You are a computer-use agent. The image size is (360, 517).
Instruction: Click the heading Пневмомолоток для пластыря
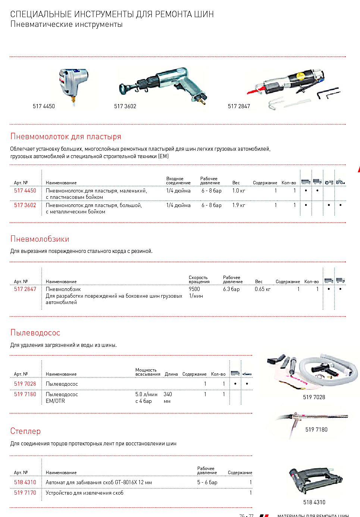tap(66, 137)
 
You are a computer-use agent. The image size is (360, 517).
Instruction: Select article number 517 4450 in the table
tap(25, 191)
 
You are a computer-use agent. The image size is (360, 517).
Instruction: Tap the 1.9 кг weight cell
tap(239, 205)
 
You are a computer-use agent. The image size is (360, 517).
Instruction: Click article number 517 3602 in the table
tap(25, 205)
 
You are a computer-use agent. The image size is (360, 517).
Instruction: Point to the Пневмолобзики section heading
tap(40, 239)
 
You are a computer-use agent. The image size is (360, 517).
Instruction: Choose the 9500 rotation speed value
tap(194, 289)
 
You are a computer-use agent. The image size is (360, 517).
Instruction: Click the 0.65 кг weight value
tap(263, 289)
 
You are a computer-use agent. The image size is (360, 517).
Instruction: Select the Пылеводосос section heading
tap(35, 333)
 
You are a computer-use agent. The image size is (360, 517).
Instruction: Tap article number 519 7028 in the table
tap(25, 384)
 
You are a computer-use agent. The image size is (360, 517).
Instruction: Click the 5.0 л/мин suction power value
tap(146, 394)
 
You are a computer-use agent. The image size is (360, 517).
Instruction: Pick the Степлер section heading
tap(25, 431)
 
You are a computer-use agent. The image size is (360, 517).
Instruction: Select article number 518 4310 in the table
tap(25, 482)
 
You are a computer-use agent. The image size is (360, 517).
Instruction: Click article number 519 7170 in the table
tap(25, 493)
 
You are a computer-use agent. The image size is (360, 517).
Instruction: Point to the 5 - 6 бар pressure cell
tap(207, 482)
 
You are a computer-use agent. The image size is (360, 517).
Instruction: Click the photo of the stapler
tap(315, 480)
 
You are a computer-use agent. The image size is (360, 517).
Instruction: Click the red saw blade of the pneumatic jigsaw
tap(254, 91)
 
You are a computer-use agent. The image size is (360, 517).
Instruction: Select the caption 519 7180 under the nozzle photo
tap(316, 430)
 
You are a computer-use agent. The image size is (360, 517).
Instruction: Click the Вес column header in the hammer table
tap(236, 183)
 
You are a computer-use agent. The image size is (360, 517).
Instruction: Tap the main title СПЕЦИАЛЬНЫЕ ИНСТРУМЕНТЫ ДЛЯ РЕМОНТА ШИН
tap(112, 14)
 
